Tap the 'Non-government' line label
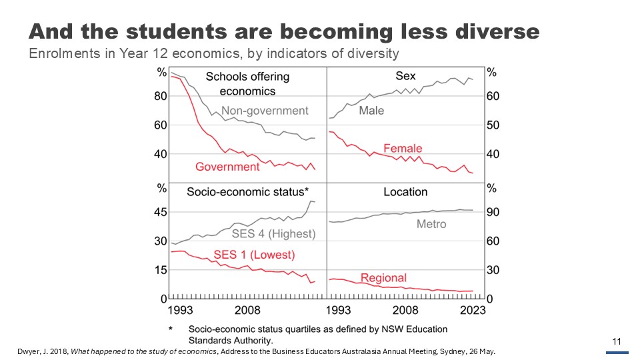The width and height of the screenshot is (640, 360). point(265,111)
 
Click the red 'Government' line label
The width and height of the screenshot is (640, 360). point(227,167)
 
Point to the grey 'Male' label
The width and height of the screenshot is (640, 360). point(371,111)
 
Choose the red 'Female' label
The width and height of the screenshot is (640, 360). point(403,148)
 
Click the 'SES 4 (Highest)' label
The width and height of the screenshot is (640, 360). point(273,234)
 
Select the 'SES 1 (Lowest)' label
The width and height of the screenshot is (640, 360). point(254,255)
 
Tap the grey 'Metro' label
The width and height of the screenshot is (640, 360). point(431,224)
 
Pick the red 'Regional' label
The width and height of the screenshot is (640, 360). point(383,278)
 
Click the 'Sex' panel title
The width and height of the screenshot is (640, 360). point(405,76)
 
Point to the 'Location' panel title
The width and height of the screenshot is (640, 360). point(405,192)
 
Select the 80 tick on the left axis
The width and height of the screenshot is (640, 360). point(161,97)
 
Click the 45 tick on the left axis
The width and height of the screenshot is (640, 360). point(161,213)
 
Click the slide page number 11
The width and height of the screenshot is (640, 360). point(617,343)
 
